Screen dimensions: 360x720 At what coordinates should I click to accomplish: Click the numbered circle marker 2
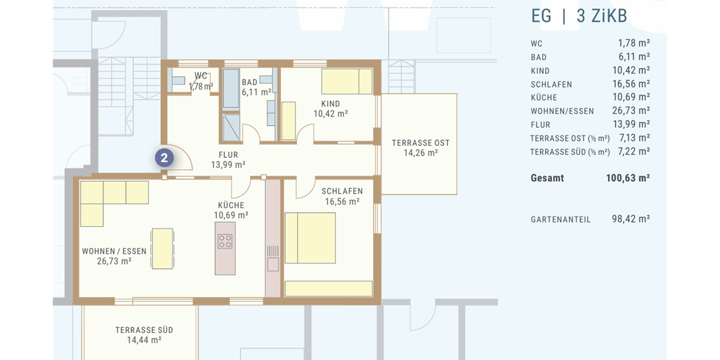164,158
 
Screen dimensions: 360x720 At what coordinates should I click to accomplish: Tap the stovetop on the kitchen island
225,241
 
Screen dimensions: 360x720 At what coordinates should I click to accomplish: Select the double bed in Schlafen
310,238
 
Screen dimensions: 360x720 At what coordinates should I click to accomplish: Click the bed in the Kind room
347,82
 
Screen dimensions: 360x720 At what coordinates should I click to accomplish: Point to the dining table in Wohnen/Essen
162,248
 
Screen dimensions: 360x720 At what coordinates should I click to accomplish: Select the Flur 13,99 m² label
228,160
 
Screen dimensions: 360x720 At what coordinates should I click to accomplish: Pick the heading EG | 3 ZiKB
579,16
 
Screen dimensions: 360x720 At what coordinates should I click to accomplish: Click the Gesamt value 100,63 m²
628,178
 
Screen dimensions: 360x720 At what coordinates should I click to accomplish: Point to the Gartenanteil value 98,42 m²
631,220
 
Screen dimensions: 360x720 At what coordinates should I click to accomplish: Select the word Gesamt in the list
547,178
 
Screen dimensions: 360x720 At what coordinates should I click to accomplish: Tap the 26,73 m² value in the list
631,111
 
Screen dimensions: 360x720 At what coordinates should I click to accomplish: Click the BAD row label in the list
539,58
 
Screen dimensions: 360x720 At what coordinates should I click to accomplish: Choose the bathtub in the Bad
231,88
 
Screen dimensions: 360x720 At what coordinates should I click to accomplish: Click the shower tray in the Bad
231,127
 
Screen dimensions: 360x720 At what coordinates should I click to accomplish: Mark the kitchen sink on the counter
273,264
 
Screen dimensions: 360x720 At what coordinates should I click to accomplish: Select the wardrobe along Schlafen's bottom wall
328,289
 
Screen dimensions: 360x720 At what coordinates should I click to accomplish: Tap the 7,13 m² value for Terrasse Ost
634,138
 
